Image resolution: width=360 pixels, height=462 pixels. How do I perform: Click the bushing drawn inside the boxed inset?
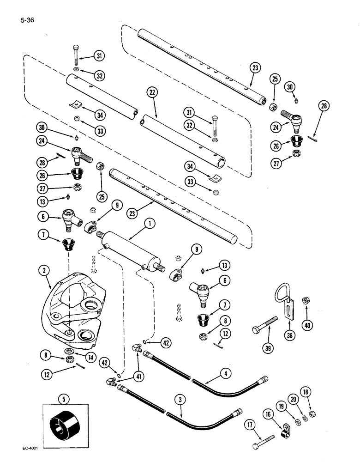(63, 420)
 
